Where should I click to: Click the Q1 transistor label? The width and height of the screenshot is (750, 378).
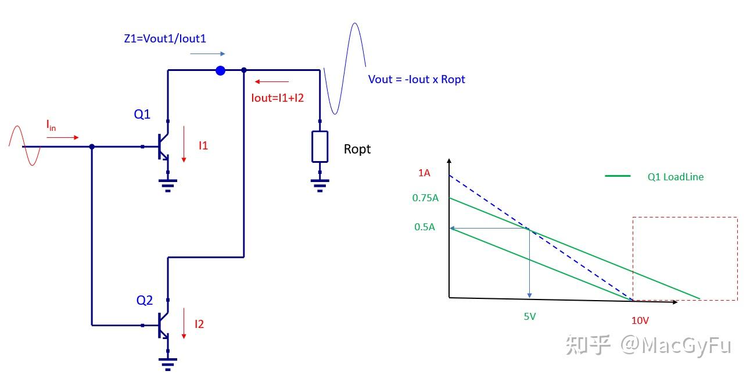(142, 115)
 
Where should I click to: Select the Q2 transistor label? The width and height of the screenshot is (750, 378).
(145, 300)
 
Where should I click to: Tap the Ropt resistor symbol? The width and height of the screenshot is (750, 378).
(320, 147)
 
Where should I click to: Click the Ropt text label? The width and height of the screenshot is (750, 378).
(357, 149)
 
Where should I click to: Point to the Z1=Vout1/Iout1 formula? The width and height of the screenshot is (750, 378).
(165, 39)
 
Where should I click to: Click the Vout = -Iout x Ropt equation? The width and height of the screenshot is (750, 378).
(417, 79)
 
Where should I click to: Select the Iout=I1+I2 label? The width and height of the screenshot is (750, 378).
(277, 98)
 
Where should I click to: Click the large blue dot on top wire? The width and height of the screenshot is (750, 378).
(220, 70)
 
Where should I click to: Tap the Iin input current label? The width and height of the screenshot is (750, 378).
(51, 124)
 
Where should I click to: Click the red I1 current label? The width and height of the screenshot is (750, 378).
(203, 146)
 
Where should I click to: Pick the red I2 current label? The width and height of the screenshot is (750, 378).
(199, 324)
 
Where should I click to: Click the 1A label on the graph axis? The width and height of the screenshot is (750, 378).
(424, 173)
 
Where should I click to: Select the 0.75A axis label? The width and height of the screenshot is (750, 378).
(425, 198)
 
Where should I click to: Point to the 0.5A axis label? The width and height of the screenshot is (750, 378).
(424, 227)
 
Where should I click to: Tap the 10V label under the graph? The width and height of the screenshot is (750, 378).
(640, 320)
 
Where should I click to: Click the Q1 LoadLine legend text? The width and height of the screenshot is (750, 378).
(675, 177)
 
